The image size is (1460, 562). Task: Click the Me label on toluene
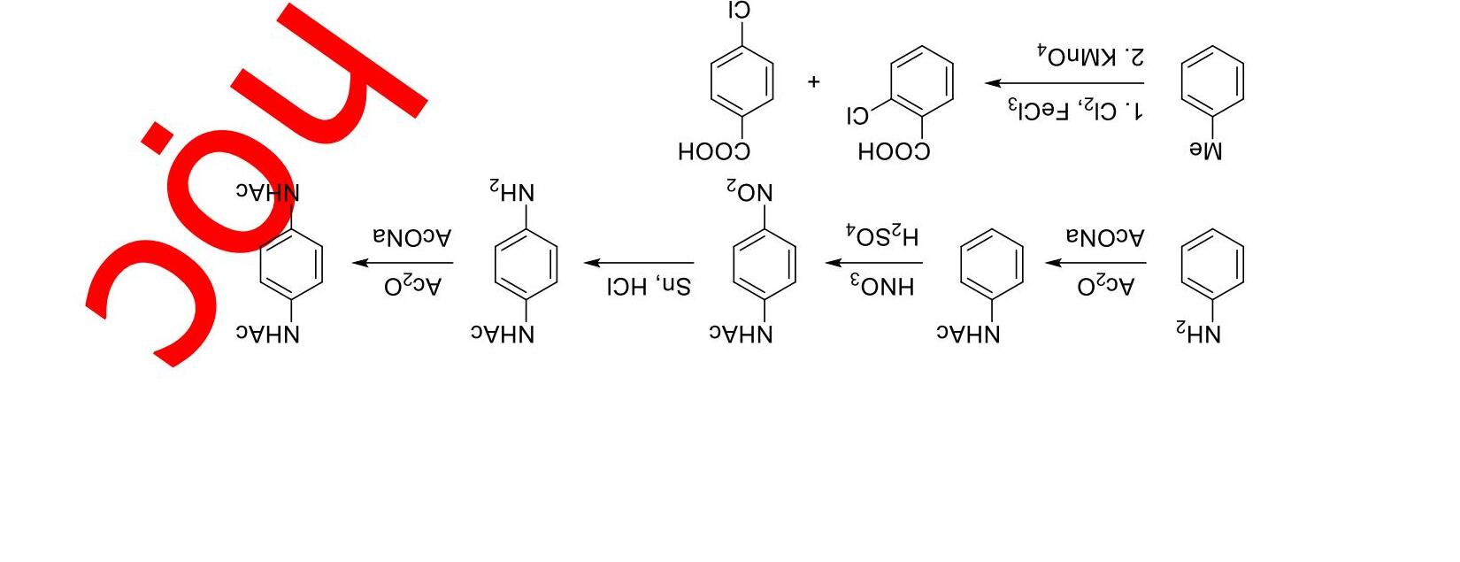1205,151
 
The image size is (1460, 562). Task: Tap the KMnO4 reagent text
1090,55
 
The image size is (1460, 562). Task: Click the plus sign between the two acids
814,82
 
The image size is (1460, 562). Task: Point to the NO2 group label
749,191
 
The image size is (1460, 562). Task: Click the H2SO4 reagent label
882,235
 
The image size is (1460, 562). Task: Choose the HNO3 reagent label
882,287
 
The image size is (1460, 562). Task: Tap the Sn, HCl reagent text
649,287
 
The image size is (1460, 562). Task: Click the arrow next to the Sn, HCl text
639,263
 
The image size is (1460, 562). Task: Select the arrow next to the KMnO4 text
1064,83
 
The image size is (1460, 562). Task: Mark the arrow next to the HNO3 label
874,263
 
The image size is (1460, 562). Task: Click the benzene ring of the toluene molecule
1212,81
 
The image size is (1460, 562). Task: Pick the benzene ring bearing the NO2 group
765,263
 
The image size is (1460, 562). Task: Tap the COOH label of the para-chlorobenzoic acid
714,152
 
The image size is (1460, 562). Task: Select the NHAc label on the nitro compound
742,335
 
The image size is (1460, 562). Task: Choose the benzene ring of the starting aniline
1212,263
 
